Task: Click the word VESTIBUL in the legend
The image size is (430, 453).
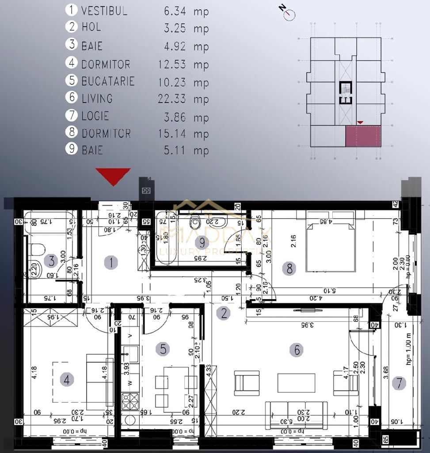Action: pos(104,11)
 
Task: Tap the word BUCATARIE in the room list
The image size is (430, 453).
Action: pos(108,81)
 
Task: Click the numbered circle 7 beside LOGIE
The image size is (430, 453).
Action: pos(72,116)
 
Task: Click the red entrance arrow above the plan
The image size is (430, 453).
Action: pos(113,176)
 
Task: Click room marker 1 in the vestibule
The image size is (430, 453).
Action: pos(111,263)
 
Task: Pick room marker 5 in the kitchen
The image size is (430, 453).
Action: pos(163,349)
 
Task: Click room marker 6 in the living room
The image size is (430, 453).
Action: pos(296,350)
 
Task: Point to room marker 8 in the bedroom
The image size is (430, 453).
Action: pos(289,269)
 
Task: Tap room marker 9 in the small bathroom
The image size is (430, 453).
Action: pos(202,242)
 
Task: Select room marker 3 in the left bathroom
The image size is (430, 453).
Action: pos(52,261)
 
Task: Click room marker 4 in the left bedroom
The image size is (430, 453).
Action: pos(67,379)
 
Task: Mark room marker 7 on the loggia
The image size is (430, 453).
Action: pos(399,383)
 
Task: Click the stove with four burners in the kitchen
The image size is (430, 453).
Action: pos(130,402)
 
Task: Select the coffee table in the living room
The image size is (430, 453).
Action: pos(296,383)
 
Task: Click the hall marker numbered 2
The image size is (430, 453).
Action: pos(224,314)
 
